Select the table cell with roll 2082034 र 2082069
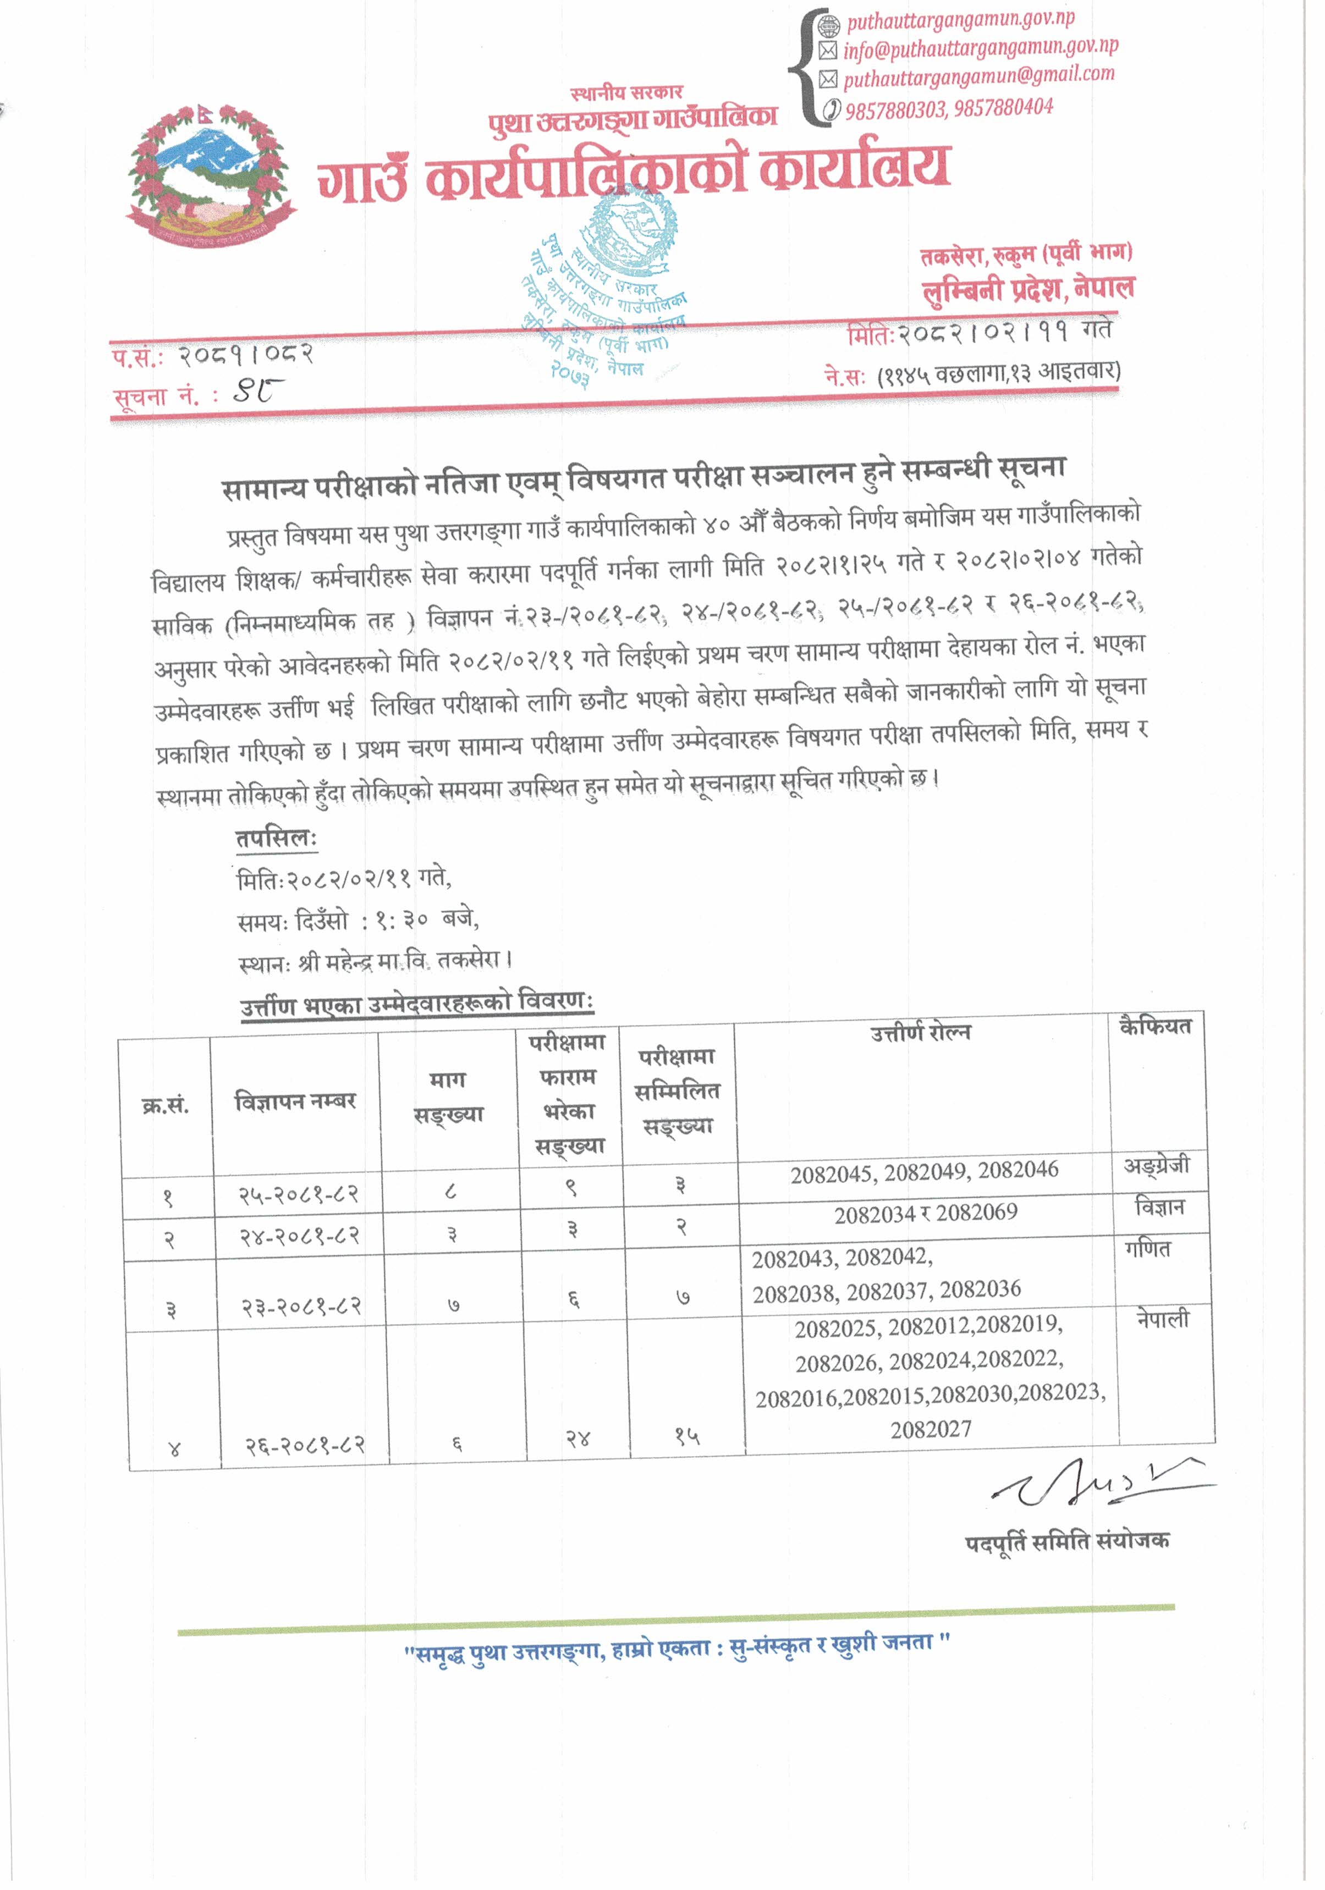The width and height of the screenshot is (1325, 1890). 926,1214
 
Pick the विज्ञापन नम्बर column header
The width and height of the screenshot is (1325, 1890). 295,1101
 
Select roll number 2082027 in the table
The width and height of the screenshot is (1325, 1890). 931,1430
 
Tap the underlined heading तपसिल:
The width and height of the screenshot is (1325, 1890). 276,839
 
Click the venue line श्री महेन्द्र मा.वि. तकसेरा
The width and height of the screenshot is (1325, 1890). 375,961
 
